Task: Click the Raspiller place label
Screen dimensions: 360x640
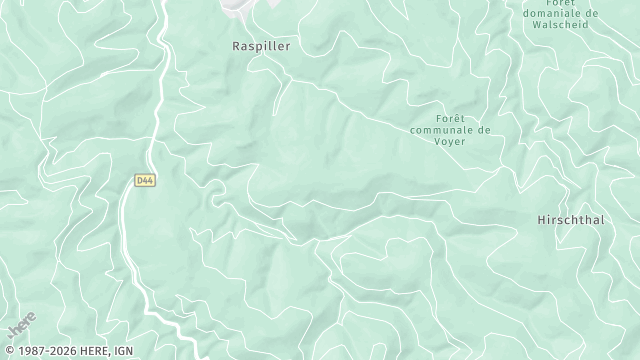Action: click(x=259, y=46)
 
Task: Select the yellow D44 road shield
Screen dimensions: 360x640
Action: click(x=145, y=181)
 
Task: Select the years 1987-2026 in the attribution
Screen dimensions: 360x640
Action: click(x=51, y=351)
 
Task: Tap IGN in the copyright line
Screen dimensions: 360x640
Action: click(x=123, y=351)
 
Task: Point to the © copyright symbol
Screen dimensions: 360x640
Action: click(x=8, y=351)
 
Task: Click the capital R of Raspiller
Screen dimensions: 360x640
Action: click(x=235, y=46)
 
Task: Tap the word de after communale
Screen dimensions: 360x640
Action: click(x=484, y=129)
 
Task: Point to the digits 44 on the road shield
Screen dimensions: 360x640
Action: click(x=148, y=181)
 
